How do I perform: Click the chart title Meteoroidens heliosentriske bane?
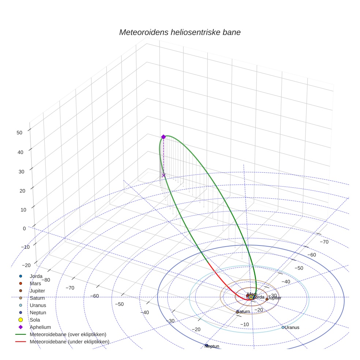point(180,32)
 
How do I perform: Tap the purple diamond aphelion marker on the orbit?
point(164,137)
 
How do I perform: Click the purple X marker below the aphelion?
point(164,175)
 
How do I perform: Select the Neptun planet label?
point(212,346)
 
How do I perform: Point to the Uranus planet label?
point(292,327)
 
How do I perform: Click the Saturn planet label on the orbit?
point(243,311)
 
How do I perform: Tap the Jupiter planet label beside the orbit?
point(275,298)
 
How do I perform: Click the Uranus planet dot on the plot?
point(283,327)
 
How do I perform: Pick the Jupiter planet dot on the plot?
point(267,299)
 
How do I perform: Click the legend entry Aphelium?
point(40,327)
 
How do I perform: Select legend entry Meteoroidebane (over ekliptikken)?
point(68,334)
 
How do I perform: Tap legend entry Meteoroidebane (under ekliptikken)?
point(70,342)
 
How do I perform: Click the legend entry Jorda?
point(36,276)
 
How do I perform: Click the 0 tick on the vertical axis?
point(24,228)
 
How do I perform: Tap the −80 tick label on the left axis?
point(46,280)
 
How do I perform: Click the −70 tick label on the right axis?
point(324,242)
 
